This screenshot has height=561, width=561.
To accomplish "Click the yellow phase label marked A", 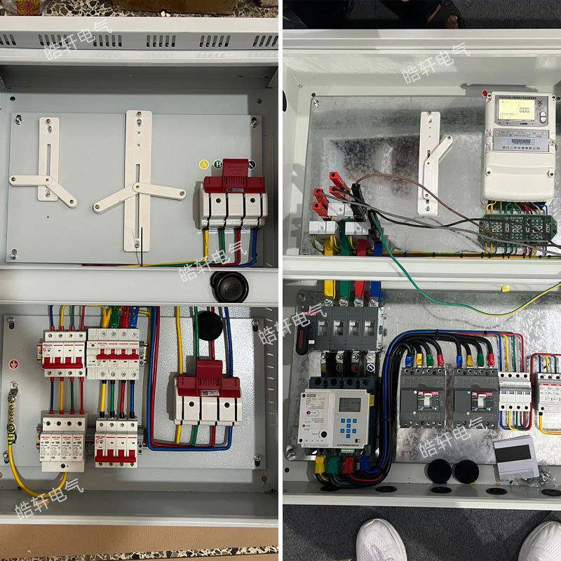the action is point(204,165).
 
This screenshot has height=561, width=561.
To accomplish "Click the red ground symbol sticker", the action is point(13,364).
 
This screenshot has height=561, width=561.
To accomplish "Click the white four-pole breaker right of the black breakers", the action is point(514,398).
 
